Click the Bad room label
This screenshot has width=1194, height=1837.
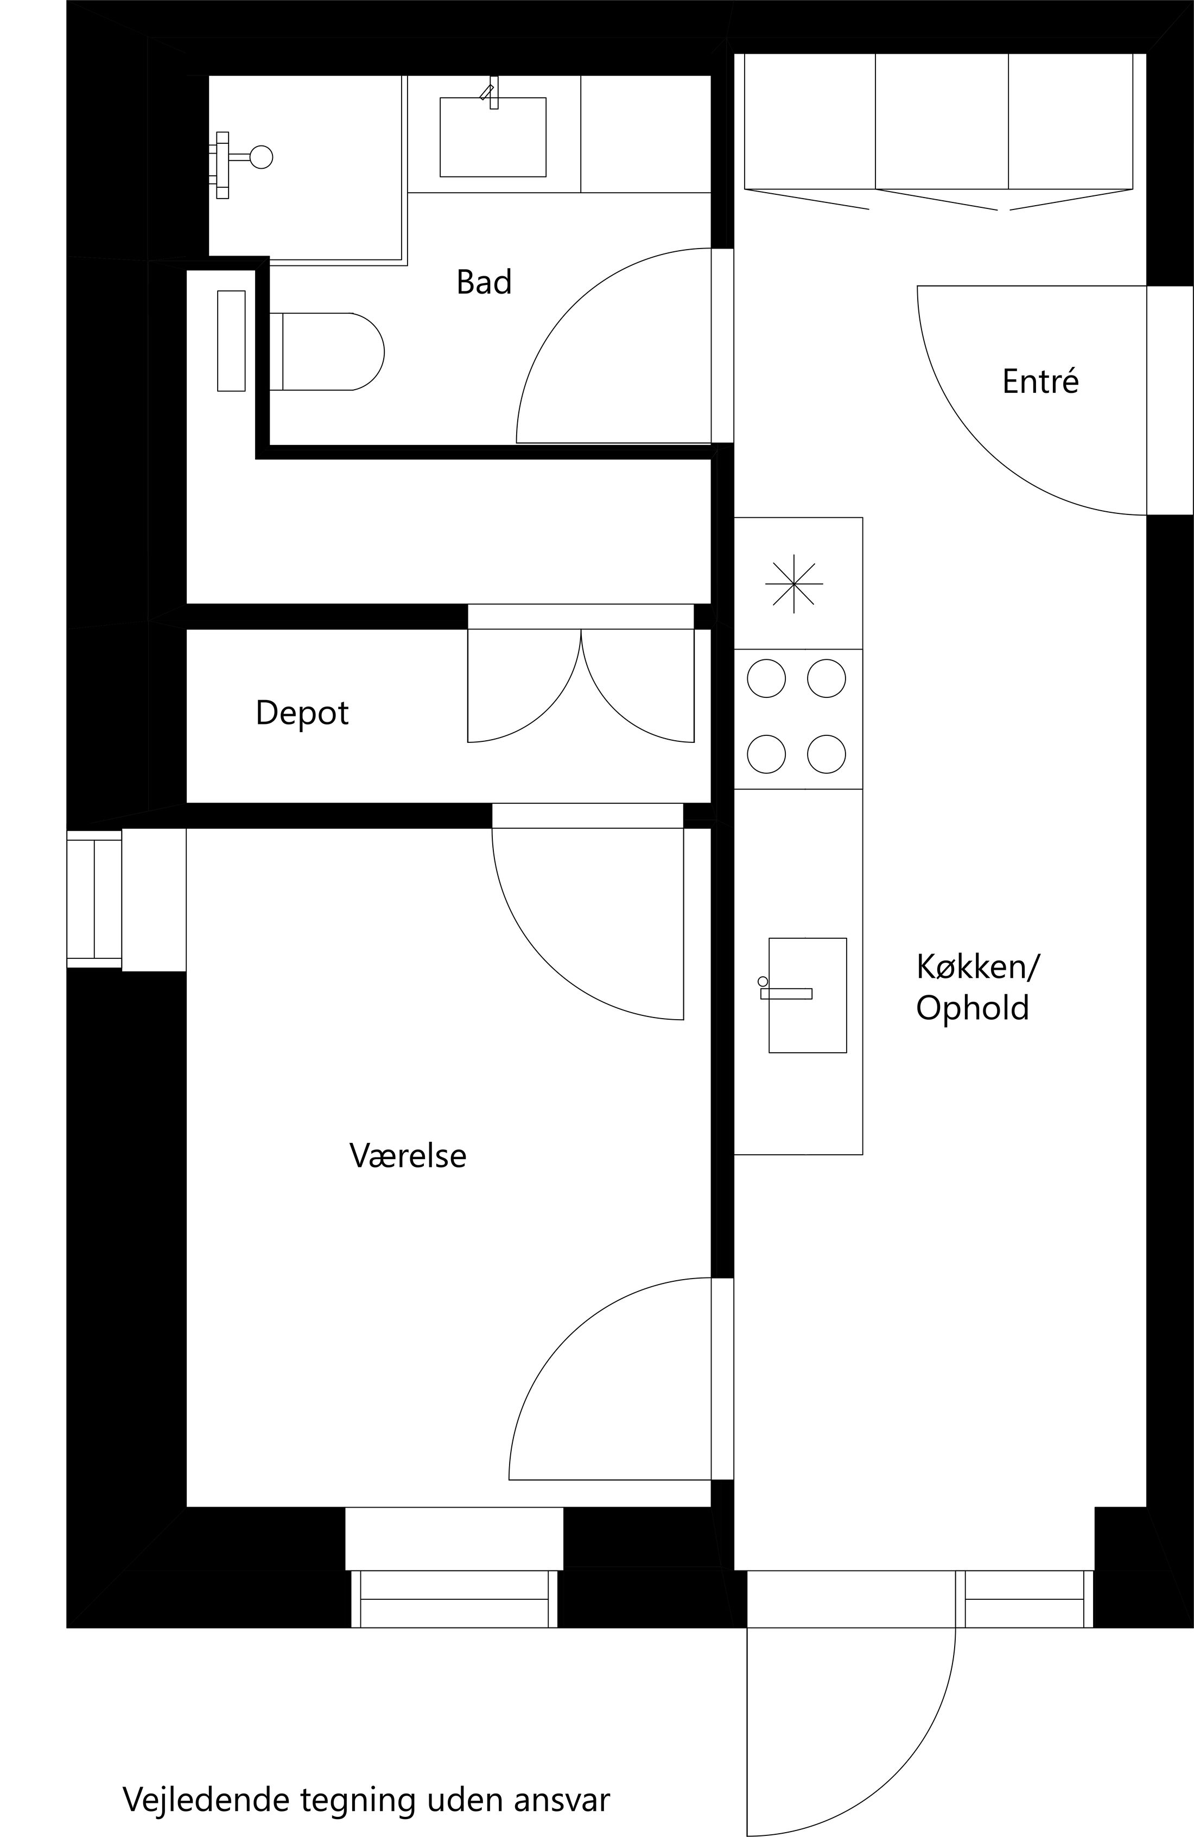point(484,283)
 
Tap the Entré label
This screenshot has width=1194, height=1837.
point(1040,382)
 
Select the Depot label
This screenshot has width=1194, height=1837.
point(302,713)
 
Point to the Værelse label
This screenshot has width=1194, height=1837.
point(408,1155)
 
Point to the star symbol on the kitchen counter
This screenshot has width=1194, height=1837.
point(794,583)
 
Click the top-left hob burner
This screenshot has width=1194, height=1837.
point(766,678)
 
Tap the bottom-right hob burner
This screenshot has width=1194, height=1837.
point(827,754)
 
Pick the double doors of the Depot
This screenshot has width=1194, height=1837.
point(580,685)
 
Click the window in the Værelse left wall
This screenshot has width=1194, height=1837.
point(94,899)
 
